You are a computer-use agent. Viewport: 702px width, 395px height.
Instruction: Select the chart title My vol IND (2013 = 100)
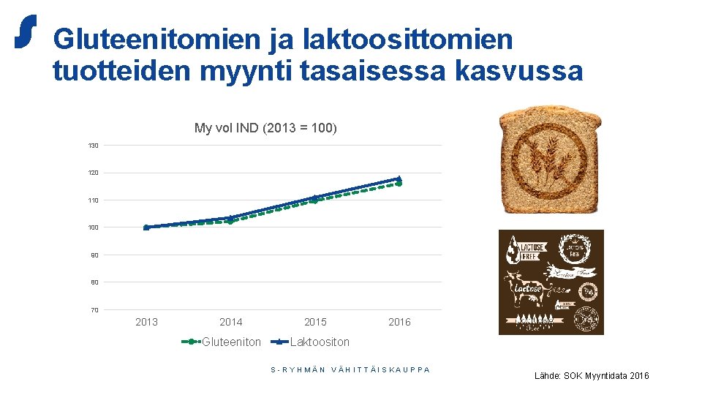click(x=265, y=128)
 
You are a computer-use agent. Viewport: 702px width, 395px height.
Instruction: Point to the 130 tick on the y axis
click(x=94, y=146)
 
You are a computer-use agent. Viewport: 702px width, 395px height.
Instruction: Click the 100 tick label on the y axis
click(x=94, y=227)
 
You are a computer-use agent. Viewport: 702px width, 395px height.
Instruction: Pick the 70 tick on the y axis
click(x=94, y=310)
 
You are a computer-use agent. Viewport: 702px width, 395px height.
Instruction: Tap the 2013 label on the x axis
click(x=146, y=322)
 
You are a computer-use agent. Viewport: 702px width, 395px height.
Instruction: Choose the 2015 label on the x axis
click(x=315, y=322)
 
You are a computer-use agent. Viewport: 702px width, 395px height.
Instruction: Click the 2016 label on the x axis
click(x=399, y=322)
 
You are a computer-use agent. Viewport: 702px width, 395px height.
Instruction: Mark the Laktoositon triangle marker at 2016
click(x=399, y=178)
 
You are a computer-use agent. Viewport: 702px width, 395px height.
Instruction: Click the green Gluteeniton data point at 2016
click(x=399, y=184)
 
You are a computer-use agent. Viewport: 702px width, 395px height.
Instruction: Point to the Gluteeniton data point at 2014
click(x=230, y=221)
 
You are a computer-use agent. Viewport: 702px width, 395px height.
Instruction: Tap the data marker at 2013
click(x=146, y=227)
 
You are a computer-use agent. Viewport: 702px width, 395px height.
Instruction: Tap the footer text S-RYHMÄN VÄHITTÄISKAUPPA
click(x=350, y=369)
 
